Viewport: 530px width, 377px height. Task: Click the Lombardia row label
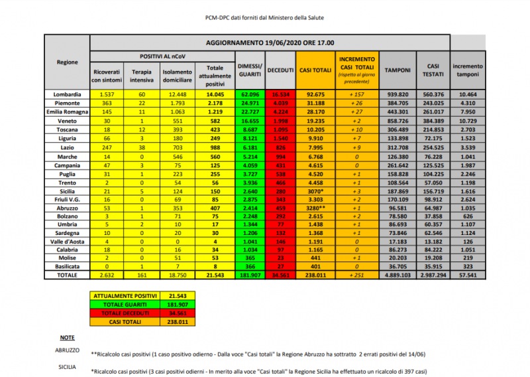[67, 95]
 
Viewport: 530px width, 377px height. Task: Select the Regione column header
[67, 62]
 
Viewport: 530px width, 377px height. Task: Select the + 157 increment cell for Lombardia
[357, 95]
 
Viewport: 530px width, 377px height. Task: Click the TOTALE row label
[67, 275]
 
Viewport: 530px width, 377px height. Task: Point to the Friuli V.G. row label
[67, 198]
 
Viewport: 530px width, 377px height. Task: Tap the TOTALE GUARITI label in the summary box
[124, 304]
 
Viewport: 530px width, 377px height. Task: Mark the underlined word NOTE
[67, 338]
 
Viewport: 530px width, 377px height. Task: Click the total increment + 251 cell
[357, 275]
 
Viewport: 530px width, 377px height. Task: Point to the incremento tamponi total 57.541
[468, 275]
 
